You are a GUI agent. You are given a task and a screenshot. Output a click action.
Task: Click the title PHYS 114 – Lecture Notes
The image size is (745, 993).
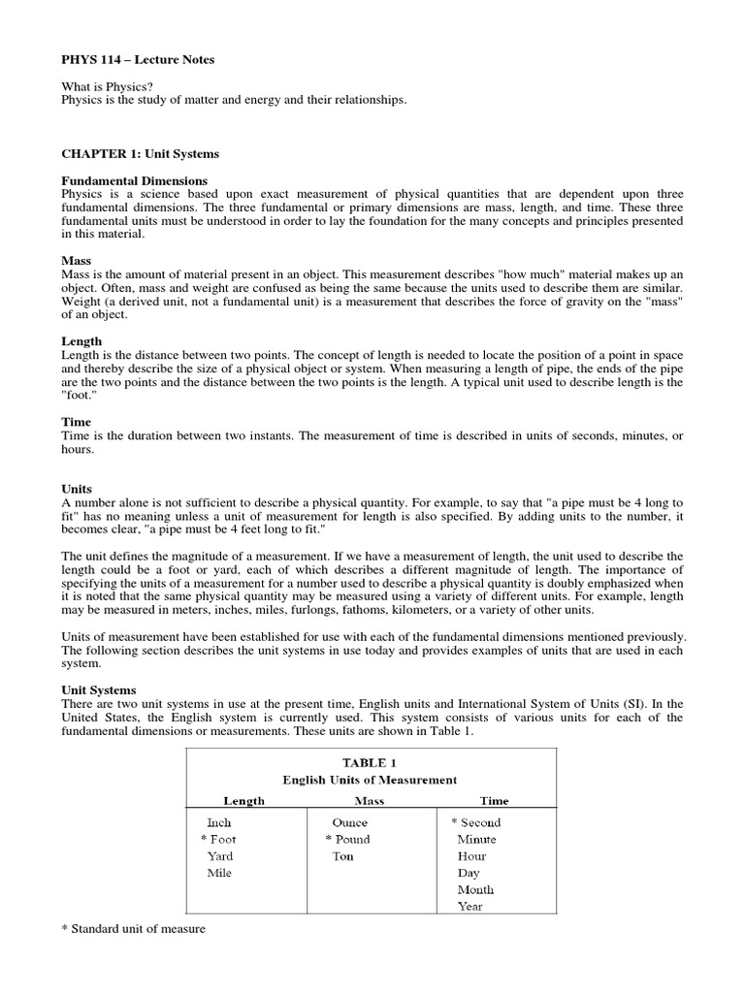click(138, 60)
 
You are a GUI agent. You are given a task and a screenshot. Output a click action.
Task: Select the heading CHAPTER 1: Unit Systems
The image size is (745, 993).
click(140, 153)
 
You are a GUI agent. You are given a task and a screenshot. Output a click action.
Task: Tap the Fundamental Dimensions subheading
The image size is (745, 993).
click(134, 180)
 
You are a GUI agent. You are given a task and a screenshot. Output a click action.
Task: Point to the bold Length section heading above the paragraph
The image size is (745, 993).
click(81, 341)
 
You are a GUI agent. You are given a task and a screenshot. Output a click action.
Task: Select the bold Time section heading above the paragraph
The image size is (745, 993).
click(76, 422)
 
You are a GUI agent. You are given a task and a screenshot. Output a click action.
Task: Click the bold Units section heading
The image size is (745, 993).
click(77, 490)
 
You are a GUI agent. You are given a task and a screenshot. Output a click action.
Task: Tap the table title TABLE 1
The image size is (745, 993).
click(370, 762)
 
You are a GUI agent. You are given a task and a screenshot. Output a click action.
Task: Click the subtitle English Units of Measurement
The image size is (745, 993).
click(370, 780)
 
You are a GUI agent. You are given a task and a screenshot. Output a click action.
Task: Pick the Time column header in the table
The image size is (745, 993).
click(493, 801)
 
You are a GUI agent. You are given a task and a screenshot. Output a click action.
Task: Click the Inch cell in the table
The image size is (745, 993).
click(219, 822)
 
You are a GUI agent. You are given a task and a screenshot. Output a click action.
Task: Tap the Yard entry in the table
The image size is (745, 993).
click(220, 856)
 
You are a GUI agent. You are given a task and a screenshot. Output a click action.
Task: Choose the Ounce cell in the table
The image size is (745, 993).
click(349, 822)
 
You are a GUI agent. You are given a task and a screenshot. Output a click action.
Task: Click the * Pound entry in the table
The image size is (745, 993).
click(347, 839)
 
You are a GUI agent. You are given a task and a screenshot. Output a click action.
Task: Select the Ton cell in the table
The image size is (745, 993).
click(342, 856)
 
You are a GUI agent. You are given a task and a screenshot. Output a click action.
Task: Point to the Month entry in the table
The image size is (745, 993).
click(475, 889)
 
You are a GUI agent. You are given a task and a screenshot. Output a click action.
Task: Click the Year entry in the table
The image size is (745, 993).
click(470, 907)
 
